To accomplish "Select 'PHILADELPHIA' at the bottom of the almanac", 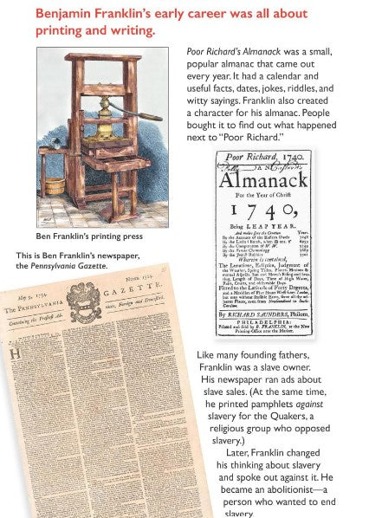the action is point(263,318).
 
